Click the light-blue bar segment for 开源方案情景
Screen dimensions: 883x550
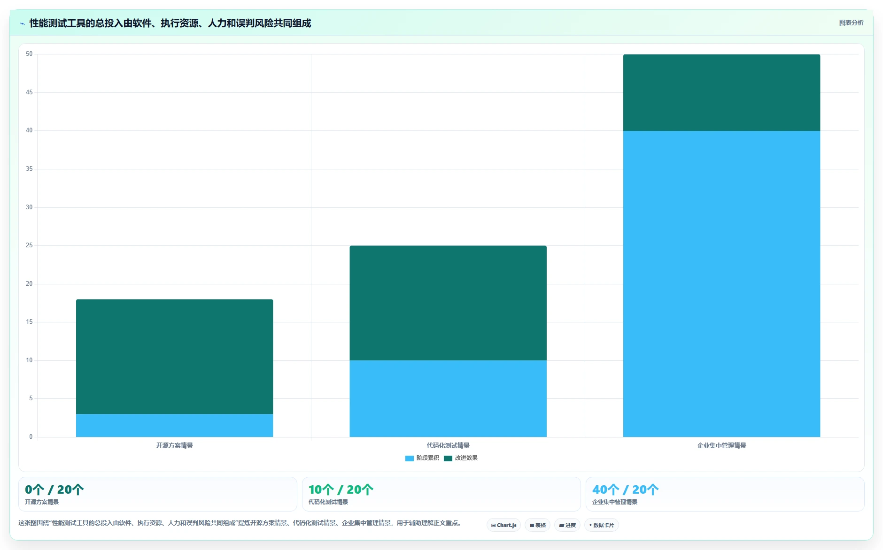pyautogui.click(x=174, y=425)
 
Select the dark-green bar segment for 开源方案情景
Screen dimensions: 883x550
pyautogui.click(x=174, y=357)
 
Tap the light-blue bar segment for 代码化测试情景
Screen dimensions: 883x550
pyautogui.click(x=448, y=398)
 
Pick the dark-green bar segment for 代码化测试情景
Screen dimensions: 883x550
pyautogui.click(x=448, y=303)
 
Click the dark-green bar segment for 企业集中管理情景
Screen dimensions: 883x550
pyautogui.click(x=721, y=92)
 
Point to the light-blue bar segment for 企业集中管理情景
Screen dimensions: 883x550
pyautogui.click(x=721, y=284)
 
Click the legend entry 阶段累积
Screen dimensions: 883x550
pyautogui.click(x=422, y=458)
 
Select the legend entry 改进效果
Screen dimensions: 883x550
pyautogui.click(x=461, y=458)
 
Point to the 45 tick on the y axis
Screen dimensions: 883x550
pyautogui.click(x=29, y=92)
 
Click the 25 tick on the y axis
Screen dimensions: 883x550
pyautogui.click(x=29, y=245)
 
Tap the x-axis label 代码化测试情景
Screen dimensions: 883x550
pyautogui.click(x=448, y=445)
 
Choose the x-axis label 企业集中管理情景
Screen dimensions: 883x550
pyautogui.click(x=721, y=445)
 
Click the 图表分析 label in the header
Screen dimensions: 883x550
pyautogui.click(x=851, y=23)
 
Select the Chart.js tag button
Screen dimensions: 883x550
pyautogui.click(x=503, y=525)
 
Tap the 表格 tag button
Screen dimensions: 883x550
pyautogui.click(x=537, y=525)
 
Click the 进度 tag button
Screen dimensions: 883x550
pyautogui.click(x=567, y=525)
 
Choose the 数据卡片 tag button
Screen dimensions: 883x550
pyautogui.click(x=601, y=525)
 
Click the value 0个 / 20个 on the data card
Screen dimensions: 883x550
pyautogui.click(x=54, y=489)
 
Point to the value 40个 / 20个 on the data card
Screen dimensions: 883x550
pyautogui.click(x=625, y=489)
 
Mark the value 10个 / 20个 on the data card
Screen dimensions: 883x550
pyautogui.click(x=341, y=489)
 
